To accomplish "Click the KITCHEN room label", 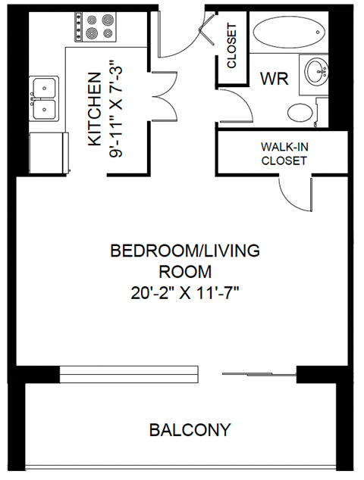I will click(x=94, y=109).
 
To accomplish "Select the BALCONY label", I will click(x=189, y=430).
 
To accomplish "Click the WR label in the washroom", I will click(x=272, y=79).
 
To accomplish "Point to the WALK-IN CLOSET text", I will click(x=284, y=154).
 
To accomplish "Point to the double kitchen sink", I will click(x=45, y=98).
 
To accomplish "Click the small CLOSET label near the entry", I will click(x=232, y=45).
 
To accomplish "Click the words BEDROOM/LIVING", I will click(x=186, y=251).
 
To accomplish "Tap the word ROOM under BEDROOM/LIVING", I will click(x=185, y=271).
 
